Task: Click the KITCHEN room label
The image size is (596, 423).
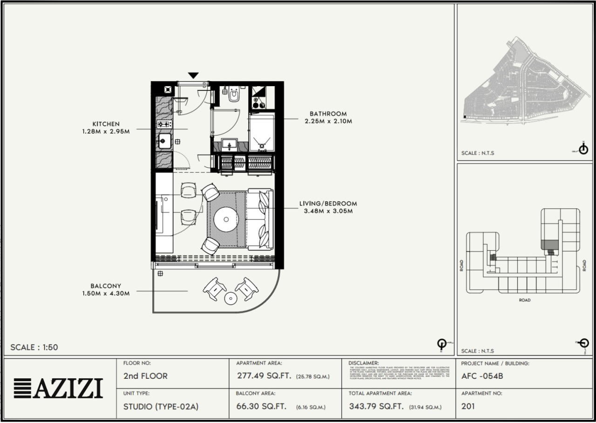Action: [106, 124]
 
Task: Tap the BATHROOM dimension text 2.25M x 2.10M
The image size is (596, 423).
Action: [328, 121]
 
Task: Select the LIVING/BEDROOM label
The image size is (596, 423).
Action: [328, 204]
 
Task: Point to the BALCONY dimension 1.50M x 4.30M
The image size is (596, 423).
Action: [106, 293]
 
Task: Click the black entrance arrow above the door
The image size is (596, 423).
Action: [193, 75]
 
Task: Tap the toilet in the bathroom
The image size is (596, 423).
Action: [234, 96]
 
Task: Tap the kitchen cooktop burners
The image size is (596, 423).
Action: [164, 124]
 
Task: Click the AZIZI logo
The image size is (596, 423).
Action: [58, 388]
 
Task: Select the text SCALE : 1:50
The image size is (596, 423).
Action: [34, 347]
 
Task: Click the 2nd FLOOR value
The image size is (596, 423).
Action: [145, 376]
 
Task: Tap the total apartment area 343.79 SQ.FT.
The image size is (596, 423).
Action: [376, 406]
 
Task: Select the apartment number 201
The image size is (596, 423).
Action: [468, 406]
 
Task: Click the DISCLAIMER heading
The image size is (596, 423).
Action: [363, 363]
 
